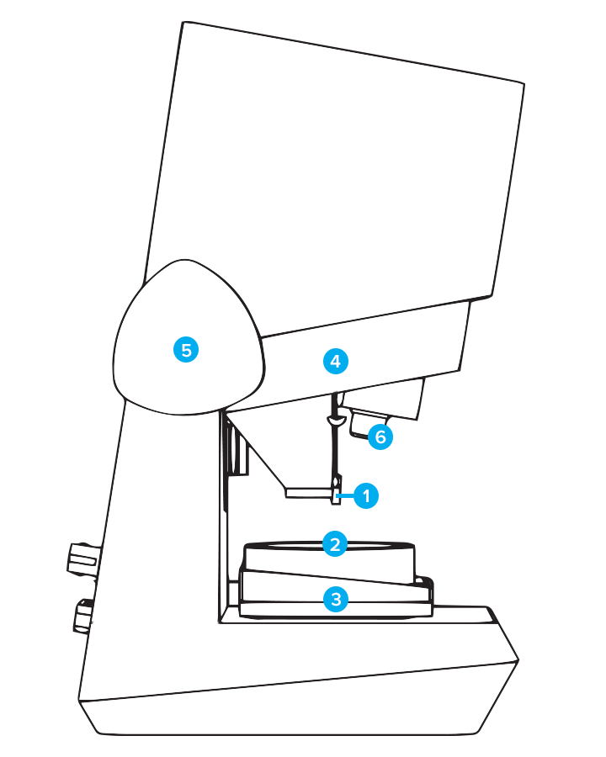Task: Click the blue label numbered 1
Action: pyautogui.click(x=366, y=495)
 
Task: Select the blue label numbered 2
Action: pyautogui.click(x=335, y=544)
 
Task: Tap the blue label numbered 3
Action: pyautogui.click(x=336, y=599)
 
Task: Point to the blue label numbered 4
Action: pyautogui.click(x=335, y=362)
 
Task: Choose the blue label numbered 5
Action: pyautogui.click(x=186, y=348)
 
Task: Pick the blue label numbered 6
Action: pyautogui.click(x=380, y=437)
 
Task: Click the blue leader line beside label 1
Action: pyautogui.click(x=343, y=496)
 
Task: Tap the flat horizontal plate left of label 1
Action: pyautogui.click(x=308, y=494)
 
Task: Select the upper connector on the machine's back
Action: pyautogui.click(x=83, y=558)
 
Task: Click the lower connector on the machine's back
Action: pyautogui.click(x=82, y=617)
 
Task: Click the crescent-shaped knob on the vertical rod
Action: pyautogui.click(x=336, y=419)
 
